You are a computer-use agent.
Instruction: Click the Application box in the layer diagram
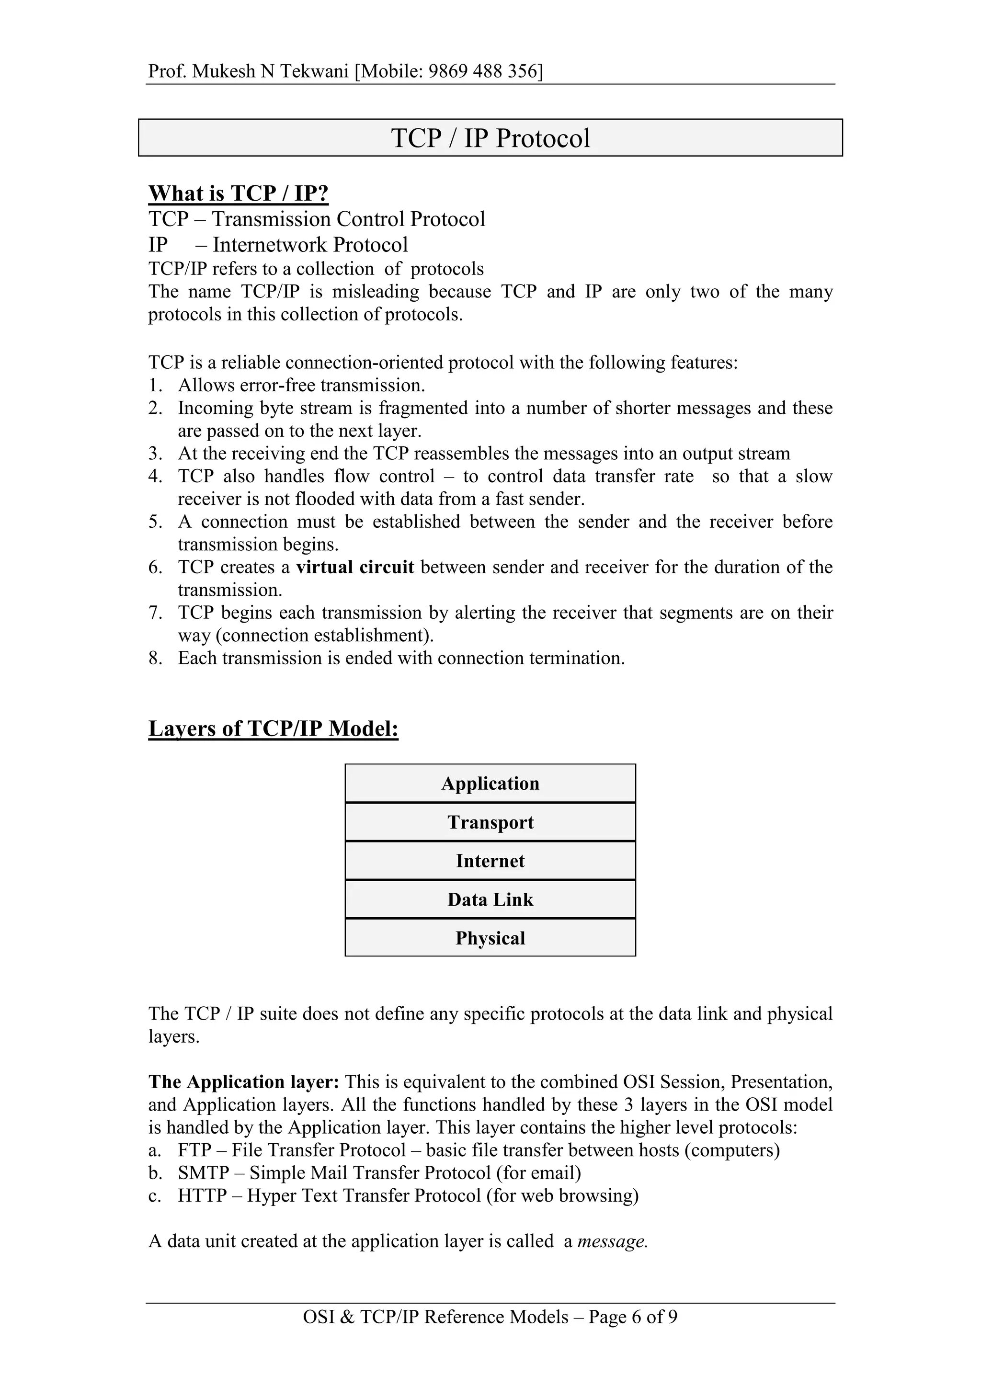pos(490,784)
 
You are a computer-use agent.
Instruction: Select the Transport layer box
pos(490,822)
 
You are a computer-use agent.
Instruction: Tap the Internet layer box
pos(490,861)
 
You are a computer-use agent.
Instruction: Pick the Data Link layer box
pos(490,899)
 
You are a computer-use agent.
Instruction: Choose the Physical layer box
pos(490,938)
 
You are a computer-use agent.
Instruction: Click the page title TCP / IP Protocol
pos(490,138)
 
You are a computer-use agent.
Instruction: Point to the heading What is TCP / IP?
pos(238,193)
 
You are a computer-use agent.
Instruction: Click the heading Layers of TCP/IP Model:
pos(273,728)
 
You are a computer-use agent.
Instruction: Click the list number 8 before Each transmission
pos(155,659)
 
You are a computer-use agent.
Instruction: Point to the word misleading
pos(375,292)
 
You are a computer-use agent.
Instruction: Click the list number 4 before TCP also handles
pos(155,477)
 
